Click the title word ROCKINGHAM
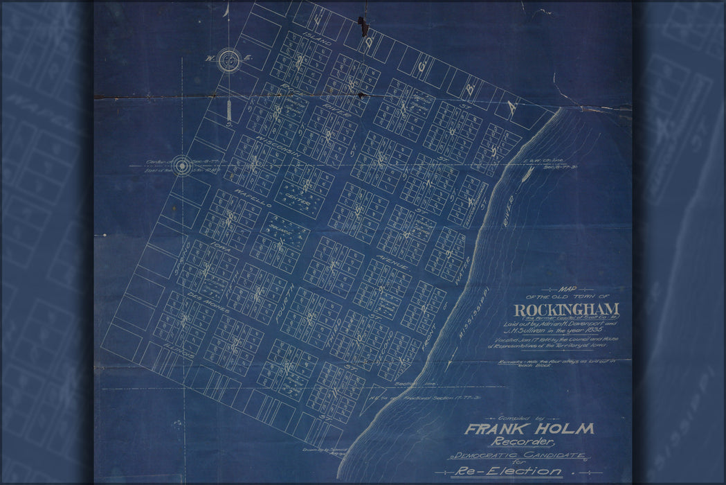click(566, 309)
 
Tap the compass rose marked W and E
click(228, 61)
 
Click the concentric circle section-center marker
click(182, 166)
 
